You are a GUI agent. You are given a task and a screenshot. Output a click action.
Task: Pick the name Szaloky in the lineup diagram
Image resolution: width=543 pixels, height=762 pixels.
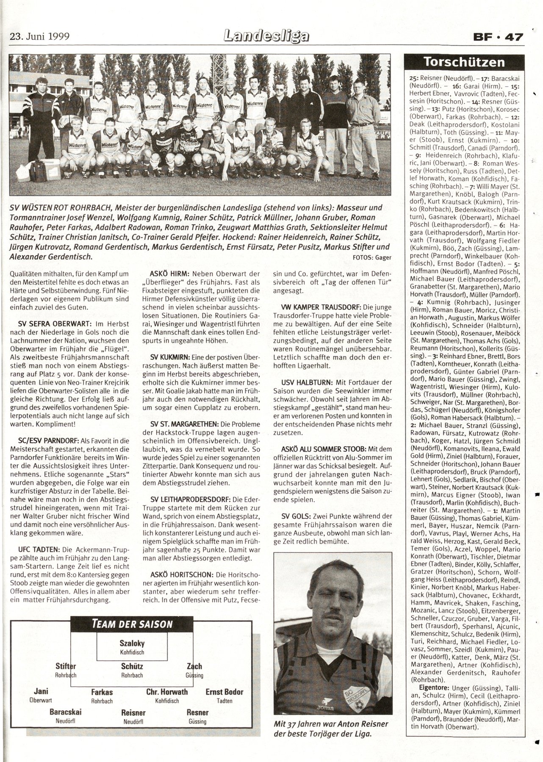tap(132, 643)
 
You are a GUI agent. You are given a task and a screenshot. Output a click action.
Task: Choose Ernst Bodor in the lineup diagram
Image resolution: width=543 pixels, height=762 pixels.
tap(224, 692)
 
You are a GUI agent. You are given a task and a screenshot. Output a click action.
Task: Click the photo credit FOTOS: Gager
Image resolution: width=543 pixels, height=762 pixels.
tap(371, 257)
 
